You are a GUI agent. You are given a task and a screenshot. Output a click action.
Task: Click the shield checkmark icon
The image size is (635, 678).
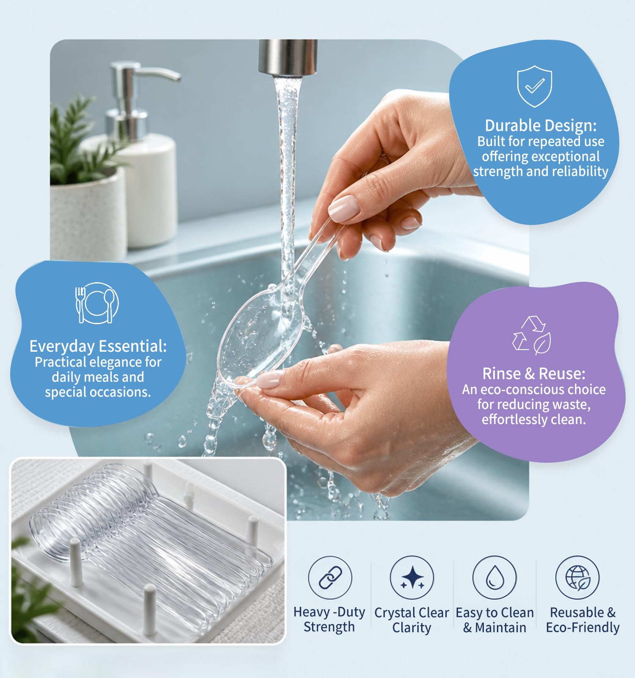535,86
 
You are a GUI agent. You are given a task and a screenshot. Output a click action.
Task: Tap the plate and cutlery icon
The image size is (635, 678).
97,303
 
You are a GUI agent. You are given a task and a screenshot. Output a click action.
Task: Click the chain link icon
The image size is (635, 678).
330,577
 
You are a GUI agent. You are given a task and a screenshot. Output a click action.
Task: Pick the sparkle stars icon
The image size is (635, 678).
412,577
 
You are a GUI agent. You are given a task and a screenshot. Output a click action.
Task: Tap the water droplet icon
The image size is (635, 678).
494,577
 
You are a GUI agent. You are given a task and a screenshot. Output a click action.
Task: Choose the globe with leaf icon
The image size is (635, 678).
577,577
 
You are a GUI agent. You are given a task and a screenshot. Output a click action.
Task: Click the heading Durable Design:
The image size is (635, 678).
541,125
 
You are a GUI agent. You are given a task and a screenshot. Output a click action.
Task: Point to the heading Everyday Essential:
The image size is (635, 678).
98,346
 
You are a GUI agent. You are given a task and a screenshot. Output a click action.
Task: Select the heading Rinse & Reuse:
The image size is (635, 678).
534,374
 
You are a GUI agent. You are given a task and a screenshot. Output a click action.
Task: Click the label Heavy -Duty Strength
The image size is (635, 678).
329,619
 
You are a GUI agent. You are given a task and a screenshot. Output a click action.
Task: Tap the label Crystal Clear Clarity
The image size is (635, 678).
411,620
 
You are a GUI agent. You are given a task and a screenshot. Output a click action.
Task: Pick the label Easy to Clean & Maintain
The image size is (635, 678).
494,620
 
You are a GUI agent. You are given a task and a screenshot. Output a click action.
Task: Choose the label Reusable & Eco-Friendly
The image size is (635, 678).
583,620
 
